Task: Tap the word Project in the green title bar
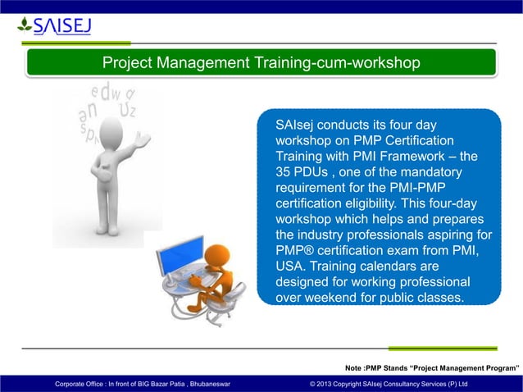click(127, 63)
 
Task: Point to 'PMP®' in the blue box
click(297, 252)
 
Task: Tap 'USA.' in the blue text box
click(292, 267)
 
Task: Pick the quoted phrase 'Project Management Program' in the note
click(465, 367)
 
